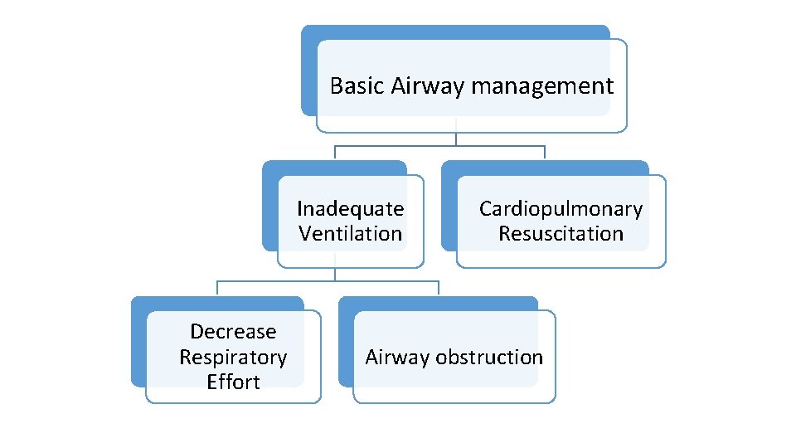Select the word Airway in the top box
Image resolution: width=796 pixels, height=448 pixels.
tap(419, 86)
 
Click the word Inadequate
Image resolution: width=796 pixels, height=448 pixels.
tap(350, 208)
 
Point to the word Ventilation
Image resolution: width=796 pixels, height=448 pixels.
tap(350, 234)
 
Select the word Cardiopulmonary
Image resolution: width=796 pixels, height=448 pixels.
tap(561, 208)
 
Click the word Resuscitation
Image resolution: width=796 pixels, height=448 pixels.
tap(561, 234)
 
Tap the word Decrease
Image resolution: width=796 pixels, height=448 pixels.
tap(233, 332)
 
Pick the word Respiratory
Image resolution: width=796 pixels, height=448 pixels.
tap(233, 358)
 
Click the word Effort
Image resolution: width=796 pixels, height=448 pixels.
tap(233, 382)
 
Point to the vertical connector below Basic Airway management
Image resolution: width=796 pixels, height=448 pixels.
tap(456, 139)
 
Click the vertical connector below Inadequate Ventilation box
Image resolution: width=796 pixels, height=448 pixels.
tap(335, 275)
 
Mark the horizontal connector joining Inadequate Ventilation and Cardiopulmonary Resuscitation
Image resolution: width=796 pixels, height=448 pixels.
tap(439, 146)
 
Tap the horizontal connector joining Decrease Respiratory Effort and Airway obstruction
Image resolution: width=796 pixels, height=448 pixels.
tap(328, 281)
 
